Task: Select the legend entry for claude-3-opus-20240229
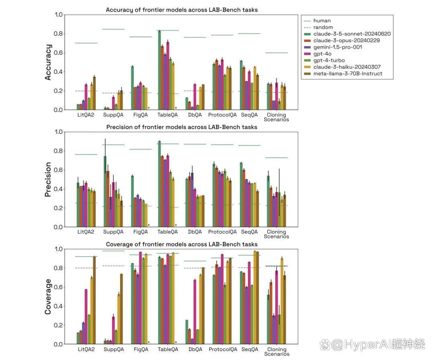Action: click(347, 41)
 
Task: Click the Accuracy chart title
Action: click(182, 10)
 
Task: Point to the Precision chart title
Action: click(182, 127)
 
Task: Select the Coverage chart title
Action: click(182, 244)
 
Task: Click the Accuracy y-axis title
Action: click(48, 62)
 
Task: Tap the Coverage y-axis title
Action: click(48, 297)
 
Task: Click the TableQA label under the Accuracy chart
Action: click(168, 115)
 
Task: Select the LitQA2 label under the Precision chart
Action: click(86, 232)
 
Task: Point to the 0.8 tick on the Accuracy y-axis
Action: click(58, 34)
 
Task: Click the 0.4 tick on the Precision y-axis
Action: click(58, 189)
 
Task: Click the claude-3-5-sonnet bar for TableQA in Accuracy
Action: click(159, 70)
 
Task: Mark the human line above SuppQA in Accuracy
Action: click(113, 29)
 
